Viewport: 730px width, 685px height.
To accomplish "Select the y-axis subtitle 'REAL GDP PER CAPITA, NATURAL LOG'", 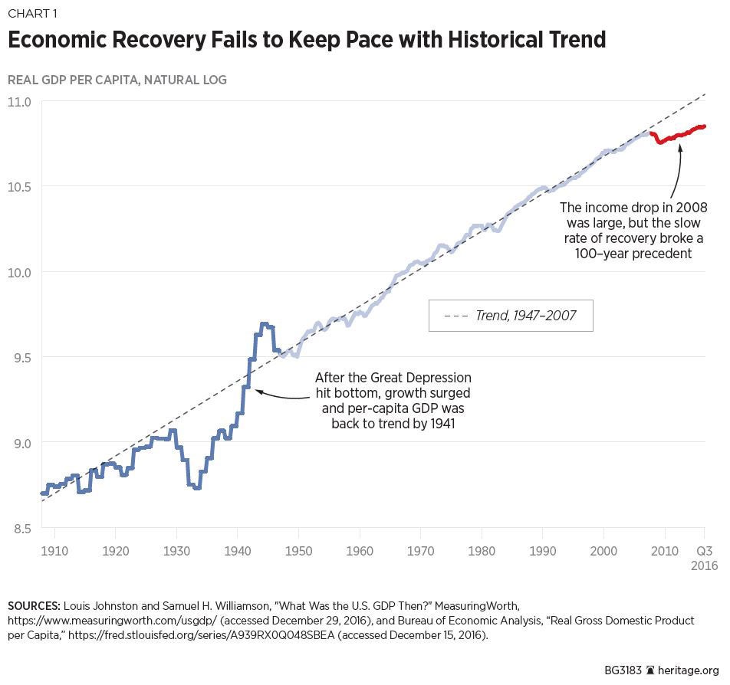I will tap(117, 80).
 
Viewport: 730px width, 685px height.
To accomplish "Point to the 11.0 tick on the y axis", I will tap(19, 101).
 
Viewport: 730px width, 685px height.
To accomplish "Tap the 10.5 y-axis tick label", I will tap(19, 186).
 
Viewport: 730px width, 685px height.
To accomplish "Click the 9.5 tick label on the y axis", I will tap(19, 357).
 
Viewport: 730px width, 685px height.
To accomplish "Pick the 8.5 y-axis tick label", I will tap(19, 528).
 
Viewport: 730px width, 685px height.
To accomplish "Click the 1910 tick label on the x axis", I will tap(54, 551).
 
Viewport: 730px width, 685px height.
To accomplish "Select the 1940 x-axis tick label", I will tap(237, 551).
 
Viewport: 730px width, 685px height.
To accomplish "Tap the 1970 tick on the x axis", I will tap(420, 551).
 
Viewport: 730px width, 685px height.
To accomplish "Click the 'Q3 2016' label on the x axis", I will tap(704, 558).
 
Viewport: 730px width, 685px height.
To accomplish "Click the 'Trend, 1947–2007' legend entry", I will tap(511, 315).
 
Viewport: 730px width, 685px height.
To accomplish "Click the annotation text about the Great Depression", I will tap(393, 401).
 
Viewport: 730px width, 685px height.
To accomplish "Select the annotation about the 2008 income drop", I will tap(633, 231).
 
